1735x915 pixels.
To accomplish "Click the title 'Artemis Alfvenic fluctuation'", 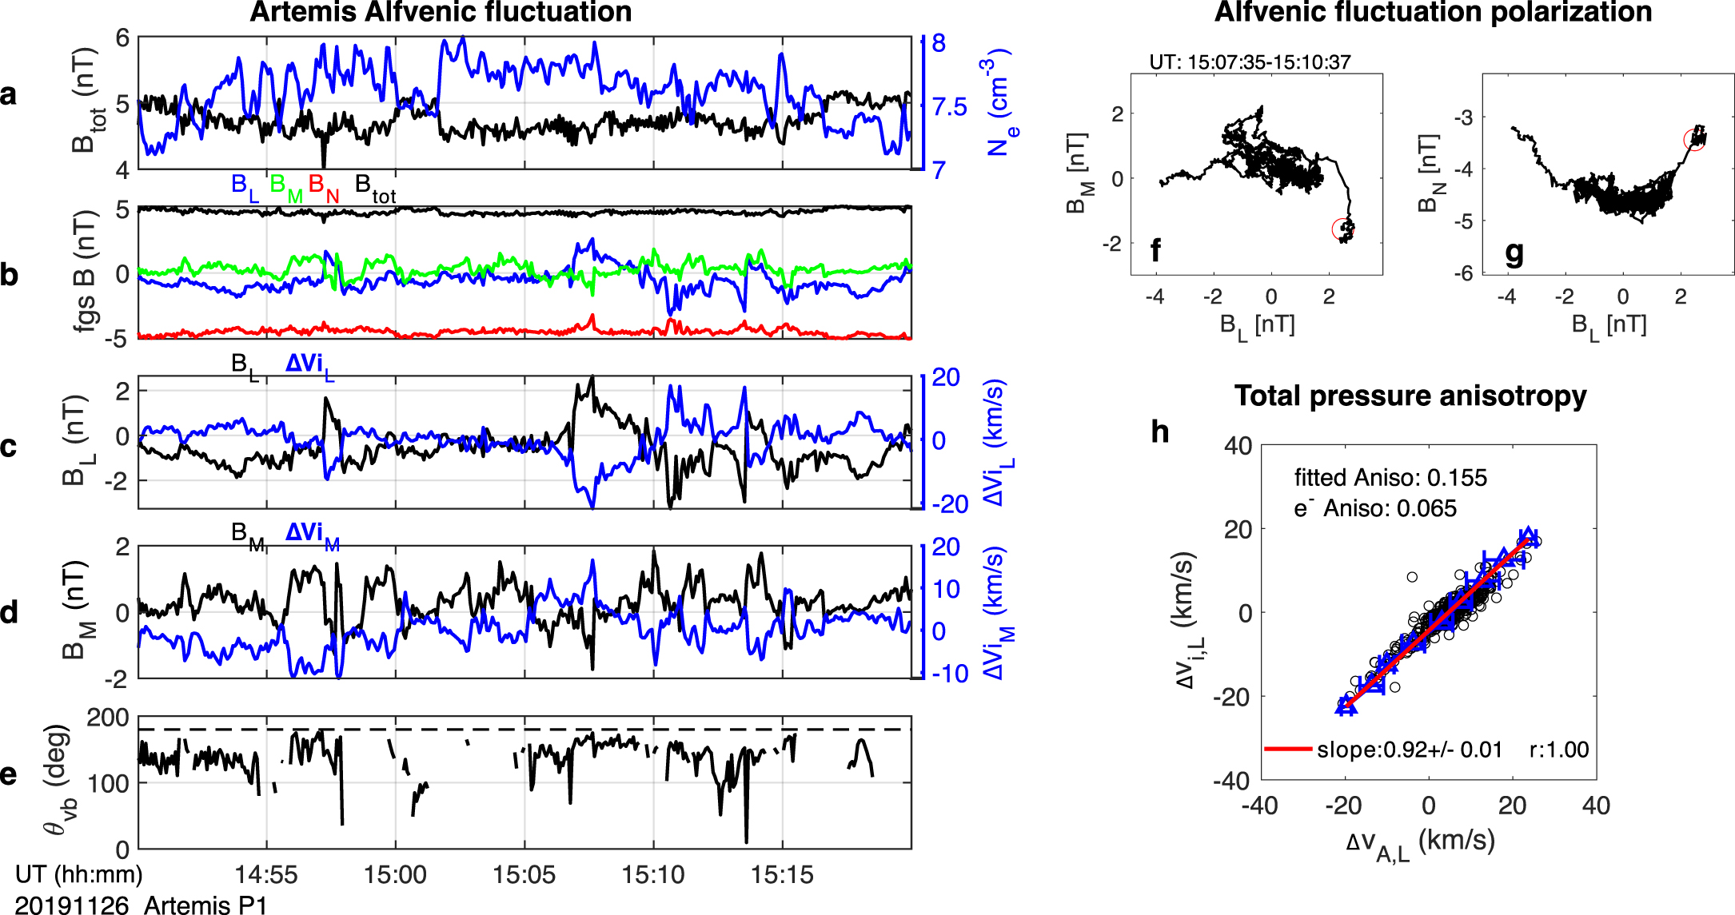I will click(441, 13).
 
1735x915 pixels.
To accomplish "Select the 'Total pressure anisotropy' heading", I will click(1410, 396).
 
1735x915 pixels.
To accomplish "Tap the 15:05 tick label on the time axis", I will click(524, 874).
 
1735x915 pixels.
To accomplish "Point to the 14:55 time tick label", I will click(266, 874).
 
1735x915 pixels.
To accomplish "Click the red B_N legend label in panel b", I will click(324, 188).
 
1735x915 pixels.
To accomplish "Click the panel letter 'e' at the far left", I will click(9, 774).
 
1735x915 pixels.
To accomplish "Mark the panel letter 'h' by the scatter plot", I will click(1160, 432).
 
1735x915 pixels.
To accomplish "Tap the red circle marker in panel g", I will click(1693, 139).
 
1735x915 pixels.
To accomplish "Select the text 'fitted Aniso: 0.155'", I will click(1390, 478).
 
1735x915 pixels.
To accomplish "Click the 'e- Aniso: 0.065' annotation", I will click(1375, 508).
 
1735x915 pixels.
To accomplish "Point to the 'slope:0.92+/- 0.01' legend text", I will click(1409, 750).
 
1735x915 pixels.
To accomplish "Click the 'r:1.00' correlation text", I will click(1559, 750).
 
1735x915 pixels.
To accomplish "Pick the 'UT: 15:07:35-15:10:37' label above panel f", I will click(1250, 62).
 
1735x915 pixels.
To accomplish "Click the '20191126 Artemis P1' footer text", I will click(142, 905).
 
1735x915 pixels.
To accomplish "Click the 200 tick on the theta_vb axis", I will click(108, 718).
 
